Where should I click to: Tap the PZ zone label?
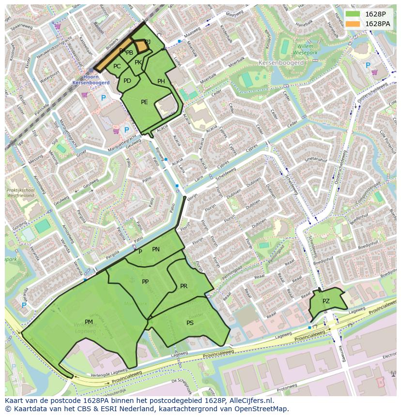[326, 301]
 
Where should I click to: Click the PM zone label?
[89, 322]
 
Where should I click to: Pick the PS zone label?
[190, 323]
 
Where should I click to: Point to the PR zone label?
[184, 286]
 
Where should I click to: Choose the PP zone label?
[145, 282]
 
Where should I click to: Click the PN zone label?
[155, 249]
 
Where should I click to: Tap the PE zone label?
[144, 102]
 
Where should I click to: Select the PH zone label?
[161, 81]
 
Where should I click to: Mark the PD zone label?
[127, 81]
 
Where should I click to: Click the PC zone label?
[117, 66]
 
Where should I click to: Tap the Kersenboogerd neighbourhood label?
[281, 63]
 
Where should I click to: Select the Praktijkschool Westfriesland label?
[20, 194]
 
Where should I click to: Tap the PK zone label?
[138, 62]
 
